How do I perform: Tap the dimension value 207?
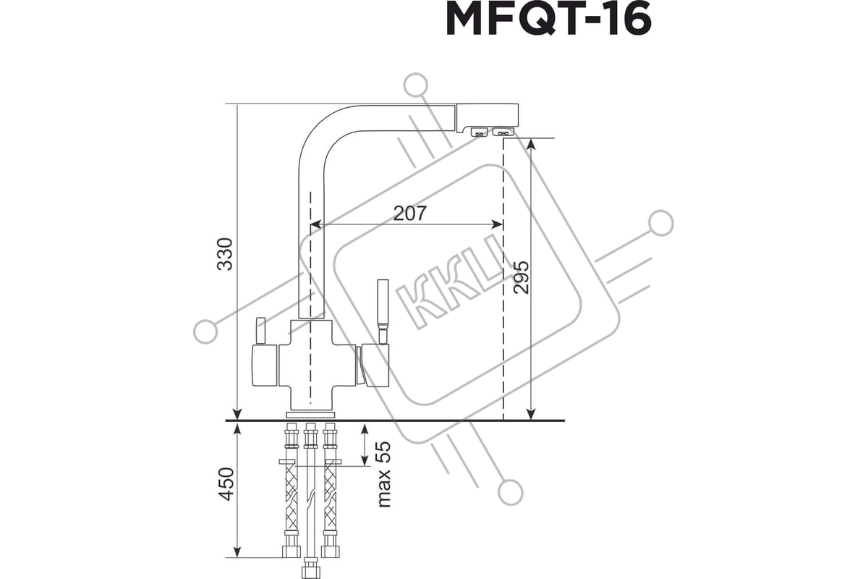pyautogui.click(x=409, y=213)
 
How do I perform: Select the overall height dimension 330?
pyautogui.click(x=225, y=254)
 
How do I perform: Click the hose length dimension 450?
pyautogui.click(x=226, y=483)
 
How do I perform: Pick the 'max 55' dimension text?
pyautogui.click(x=383, y=474)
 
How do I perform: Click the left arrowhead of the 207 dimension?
pyautogui.click(x=317, y=224)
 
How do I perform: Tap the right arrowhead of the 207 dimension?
pyautogui.click(x=497, y=224)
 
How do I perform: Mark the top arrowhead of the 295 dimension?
pyautogui.click(x=531, y=144)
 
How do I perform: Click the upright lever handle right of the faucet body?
pyautogui.click(x=383, y=310)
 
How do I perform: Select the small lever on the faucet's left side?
pyautogui.click(x=260, y=330)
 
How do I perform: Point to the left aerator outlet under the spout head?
pyautogui.click(x=479, y=132)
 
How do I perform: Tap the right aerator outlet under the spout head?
pyautogui.click(x=503, y=132)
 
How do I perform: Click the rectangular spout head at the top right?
pyautogui.click(x=487, y=117)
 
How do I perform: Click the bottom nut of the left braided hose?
pyautogui.click(x=292, y=551)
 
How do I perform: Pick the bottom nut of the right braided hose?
pyautogui.click(x=330, y=551)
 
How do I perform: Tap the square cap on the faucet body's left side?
pyautogui.click(x=265, y=365)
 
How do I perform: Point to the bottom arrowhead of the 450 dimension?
pyautogui.click(x=237, y=552)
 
